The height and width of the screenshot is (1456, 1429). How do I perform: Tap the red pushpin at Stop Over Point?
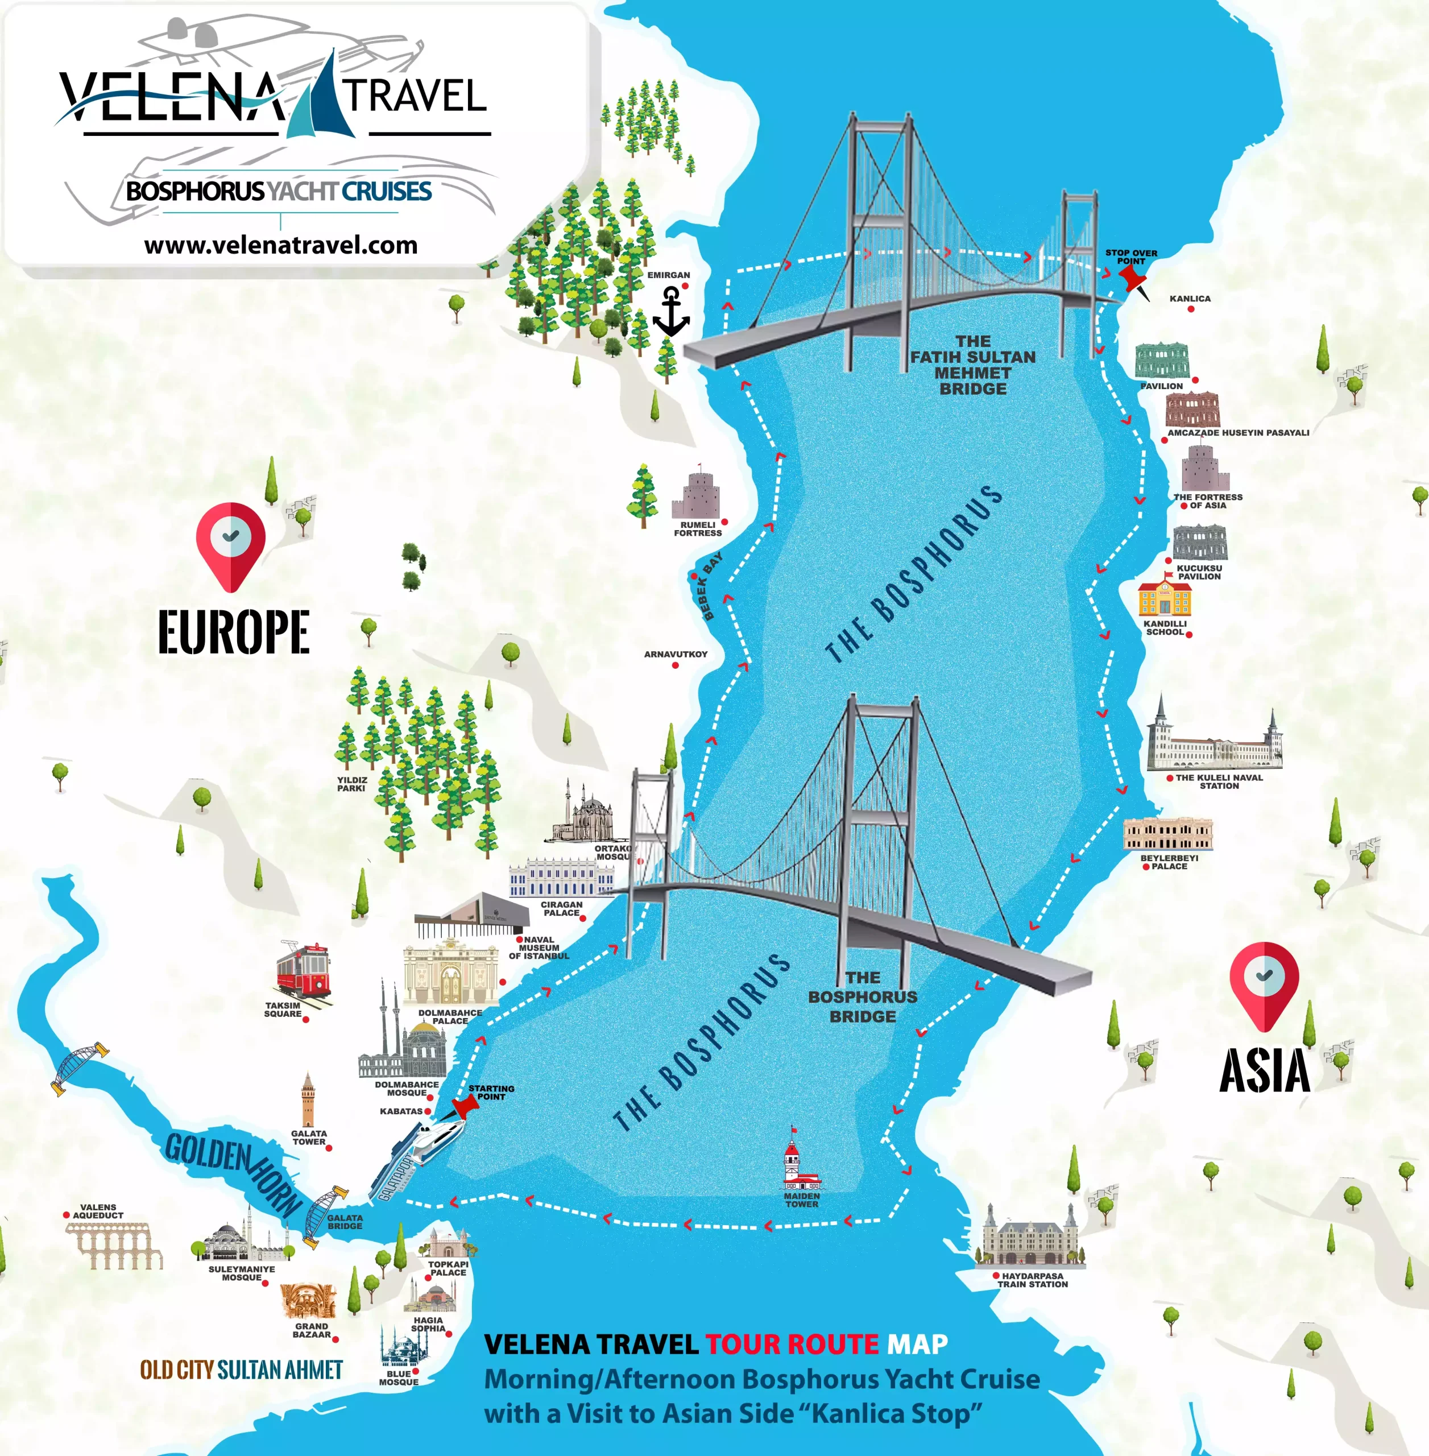pyautogui.click(x=1133, y=280)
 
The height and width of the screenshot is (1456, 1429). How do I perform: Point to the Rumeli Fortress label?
pyautogui.click(x=697, y=529)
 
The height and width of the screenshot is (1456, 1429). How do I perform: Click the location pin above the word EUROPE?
pyautogui.click(x=230, y=545)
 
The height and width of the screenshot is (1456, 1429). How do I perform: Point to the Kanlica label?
pyautogui.click(x=1190, y=299)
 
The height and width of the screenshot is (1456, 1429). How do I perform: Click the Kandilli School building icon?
pyautogui.click(x=1163, y=597)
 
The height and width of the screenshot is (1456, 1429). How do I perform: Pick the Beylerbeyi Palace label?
pyautogui.click(x=1169, y=862)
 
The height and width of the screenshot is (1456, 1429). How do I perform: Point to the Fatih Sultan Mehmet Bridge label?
pyautogui.click(x=973, y=365)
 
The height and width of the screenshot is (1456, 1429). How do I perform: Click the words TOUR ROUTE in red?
pyautogui.click(x=792, y=1343)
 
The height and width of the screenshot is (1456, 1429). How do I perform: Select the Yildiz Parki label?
pyautogui.click(x=351, y=784)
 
